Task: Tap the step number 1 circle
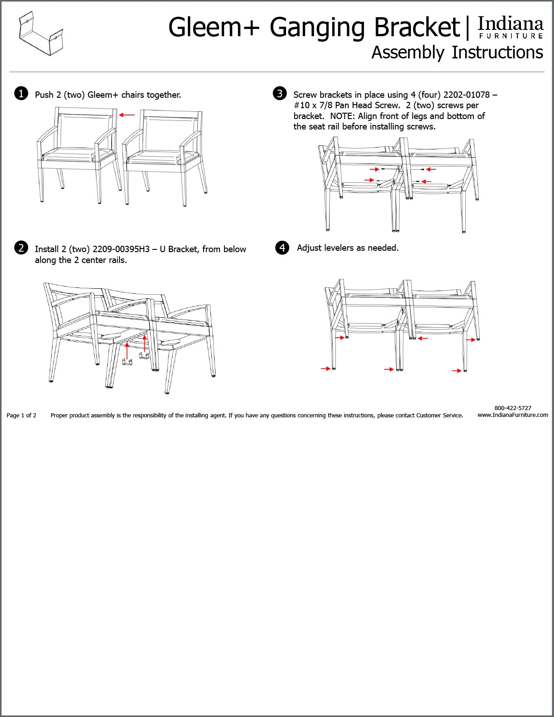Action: tap(21, 94)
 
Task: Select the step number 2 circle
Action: tap(21, 248)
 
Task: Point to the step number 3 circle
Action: tap(280, 93)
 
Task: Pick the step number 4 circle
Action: tap(282, 248)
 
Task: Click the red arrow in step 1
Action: tap(127, 115)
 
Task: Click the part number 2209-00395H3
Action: tap(121, 249)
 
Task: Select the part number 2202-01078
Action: tap(466, 95)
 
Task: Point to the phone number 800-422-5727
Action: tap(513, 408)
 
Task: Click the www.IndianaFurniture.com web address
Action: tap(513, 415)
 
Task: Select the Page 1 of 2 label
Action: tap(22, 416)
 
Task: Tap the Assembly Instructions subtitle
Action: tap(457, 53)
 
